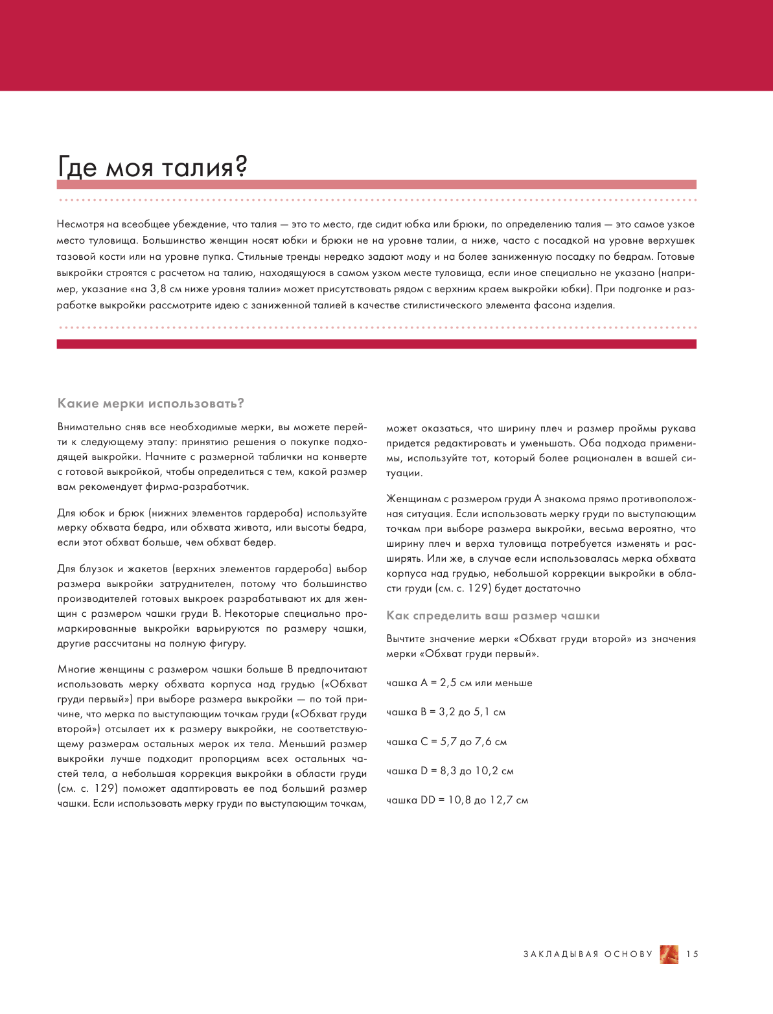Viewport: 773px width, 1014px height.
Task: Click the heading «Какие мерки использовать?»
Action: [x=150, y=403]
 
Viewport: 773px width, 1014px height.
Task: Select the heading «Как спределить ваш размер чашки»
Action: [x=493, y=616]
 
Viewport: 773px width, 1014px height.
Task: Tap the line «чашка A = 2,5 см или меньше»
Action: [x=459, y=683]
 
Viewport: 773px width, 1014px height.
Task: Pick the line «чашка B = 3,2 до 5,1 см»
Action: [x=446, y=712]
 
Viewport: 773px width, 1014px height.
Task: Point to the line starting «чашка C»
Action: [x=446, y=742]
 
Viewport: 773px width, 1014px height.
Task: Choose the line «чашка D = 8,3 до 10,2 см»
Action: [x=450, y=771]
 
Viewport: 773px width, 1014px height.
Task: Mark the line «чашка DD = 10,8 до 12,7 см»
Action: [x=457, y=800]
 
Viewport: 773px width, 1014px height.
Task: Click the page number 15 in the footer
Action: [x=693, y=954]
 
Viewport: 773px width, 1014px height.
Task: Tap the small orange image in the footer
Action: [x=669, y=954]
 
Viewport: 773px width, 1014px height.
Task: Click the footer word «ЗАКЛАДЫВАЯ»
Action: [x=561, y=954]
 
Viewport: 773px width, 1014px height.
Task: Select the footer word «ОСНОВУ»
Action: [x=629, y=954]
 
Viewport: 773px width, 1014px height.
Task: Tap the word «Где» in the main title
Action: [x=78, y=167]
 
